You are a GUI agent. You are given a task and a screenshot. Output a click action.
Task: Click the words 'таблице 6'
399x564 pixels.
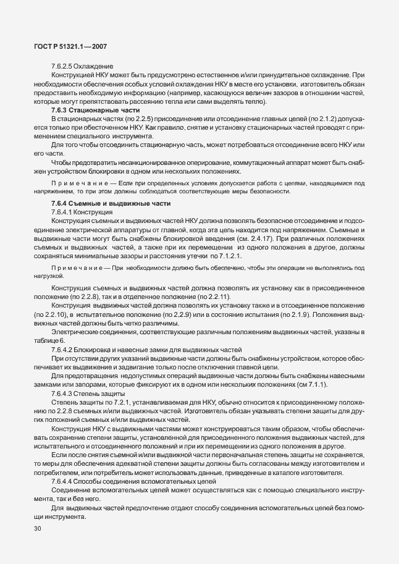[49, 340]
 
